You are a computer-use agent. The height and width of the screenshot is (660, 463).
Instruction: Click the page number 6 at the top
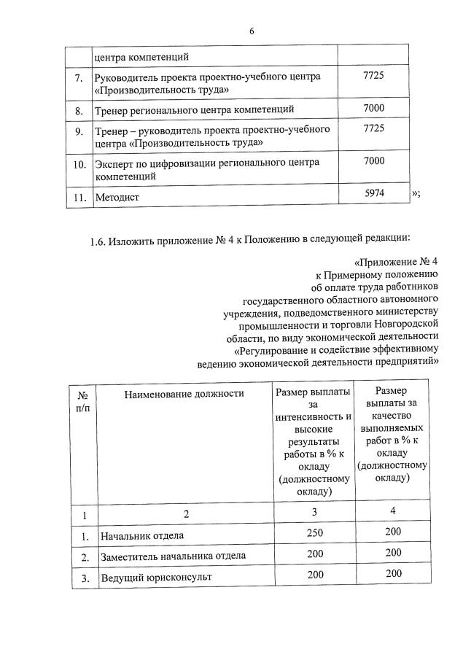coord(252,31)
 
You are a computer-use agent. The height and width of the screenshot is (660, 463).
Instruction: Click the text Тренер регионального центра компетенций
coord(195,110)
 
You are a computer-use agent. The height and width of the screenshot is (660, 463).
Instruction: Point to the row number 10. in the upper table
coord(79,166)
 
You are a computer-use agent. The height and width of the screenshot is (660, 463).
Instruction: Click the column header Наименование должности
coord(183,394)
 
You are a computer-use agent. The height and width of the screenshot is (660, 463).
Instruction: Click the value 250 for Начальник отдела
coord(315,534)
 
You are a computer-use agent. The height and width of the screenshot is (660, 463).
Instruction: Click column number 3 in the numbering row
coord(315,513)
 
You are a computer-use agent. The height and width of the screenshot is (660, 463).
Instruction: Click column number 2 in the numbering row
coord(185,514)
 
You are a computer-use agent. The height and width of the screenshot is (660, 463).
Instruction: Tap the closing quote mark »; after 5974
coord(416,193)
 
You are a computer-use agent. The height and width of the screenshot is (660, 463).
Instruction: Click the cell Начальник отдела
coord(133,536)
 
